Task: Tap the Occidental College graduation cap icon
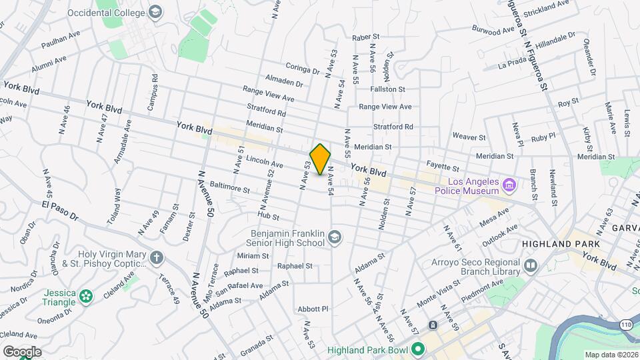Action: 155,12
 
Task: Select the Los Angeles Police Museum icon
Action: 509,185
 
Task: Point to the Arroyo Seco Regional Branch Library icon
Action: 531,266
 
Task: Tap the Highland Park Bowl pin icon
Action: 418,349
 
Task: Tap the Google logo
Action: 22,351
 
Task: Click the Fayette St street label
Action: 443,167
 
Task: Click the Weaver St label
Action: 469,136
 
